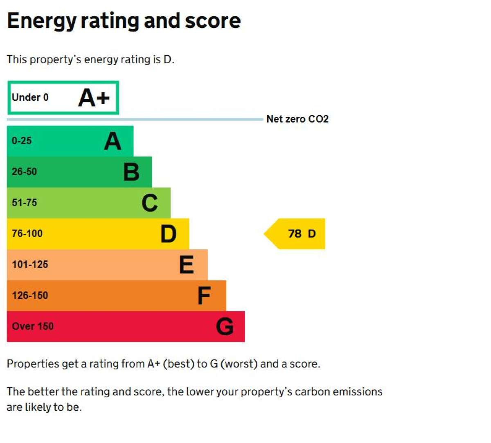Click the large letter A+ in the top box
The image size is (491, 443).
click(94, 98)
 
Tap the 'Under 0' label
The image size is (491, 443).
click(30, 97)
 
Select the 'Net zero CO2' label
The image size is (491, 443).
click(297, 119)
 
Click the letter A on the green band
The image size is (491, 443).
click(113, 141)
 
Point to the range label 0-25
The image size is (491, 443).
click(22, 141)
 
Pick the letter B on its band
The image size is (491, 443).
click(131, 172)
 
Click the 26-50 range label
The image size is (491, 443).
click(24, 172)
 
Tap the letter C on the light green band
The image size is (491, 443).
click(150, 203)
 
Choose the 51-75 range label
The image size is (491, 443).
click(24, 203)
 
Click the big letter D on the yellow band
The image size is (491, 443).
click(168, 234)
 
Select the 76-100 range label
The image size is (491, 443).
click(27, 234)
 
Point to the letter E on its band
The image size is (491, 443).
click(187, 264)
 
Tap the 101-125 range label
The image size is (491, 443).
click(30, 264)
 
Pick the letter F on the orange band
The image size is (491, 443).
click(204, 296)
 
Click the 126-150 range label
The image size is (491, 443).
click(30, 296)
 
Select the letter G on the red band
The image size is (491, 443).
click(225, 327)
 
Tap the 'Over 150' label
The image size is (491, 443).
click(33, 326)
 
